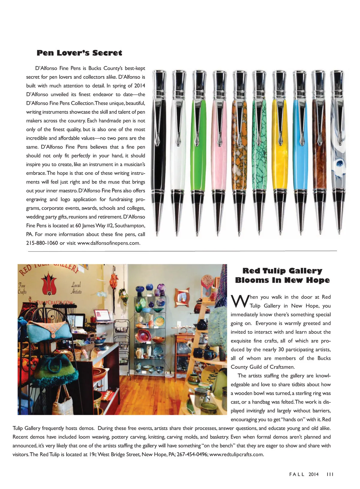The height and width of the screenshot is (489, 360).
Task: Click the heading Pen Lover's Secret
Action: (x=79, y=53)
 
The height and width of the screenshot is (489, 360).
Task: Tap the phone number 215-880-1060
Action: (x=42, y=243)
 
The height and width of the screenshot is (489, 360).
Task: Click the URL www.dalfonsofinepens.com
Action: (x=109, y=243)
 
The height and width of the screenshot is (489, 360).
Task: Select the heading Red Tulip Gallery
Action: (x=282, y=271)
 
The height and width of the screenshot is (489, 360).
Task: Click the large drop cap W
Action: (x=239, y=302)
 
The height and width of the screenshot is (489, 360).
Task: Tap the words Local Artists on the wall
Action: (x=76, y=288)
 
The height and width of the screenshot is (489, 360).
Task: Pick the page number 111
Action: (x=330, y=474)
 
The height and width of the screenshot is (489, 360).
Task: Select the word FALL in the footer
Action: (x=297, y=474)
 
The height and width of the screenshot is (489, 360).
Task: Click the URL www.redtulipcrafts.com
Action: (x=236, y=455)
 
